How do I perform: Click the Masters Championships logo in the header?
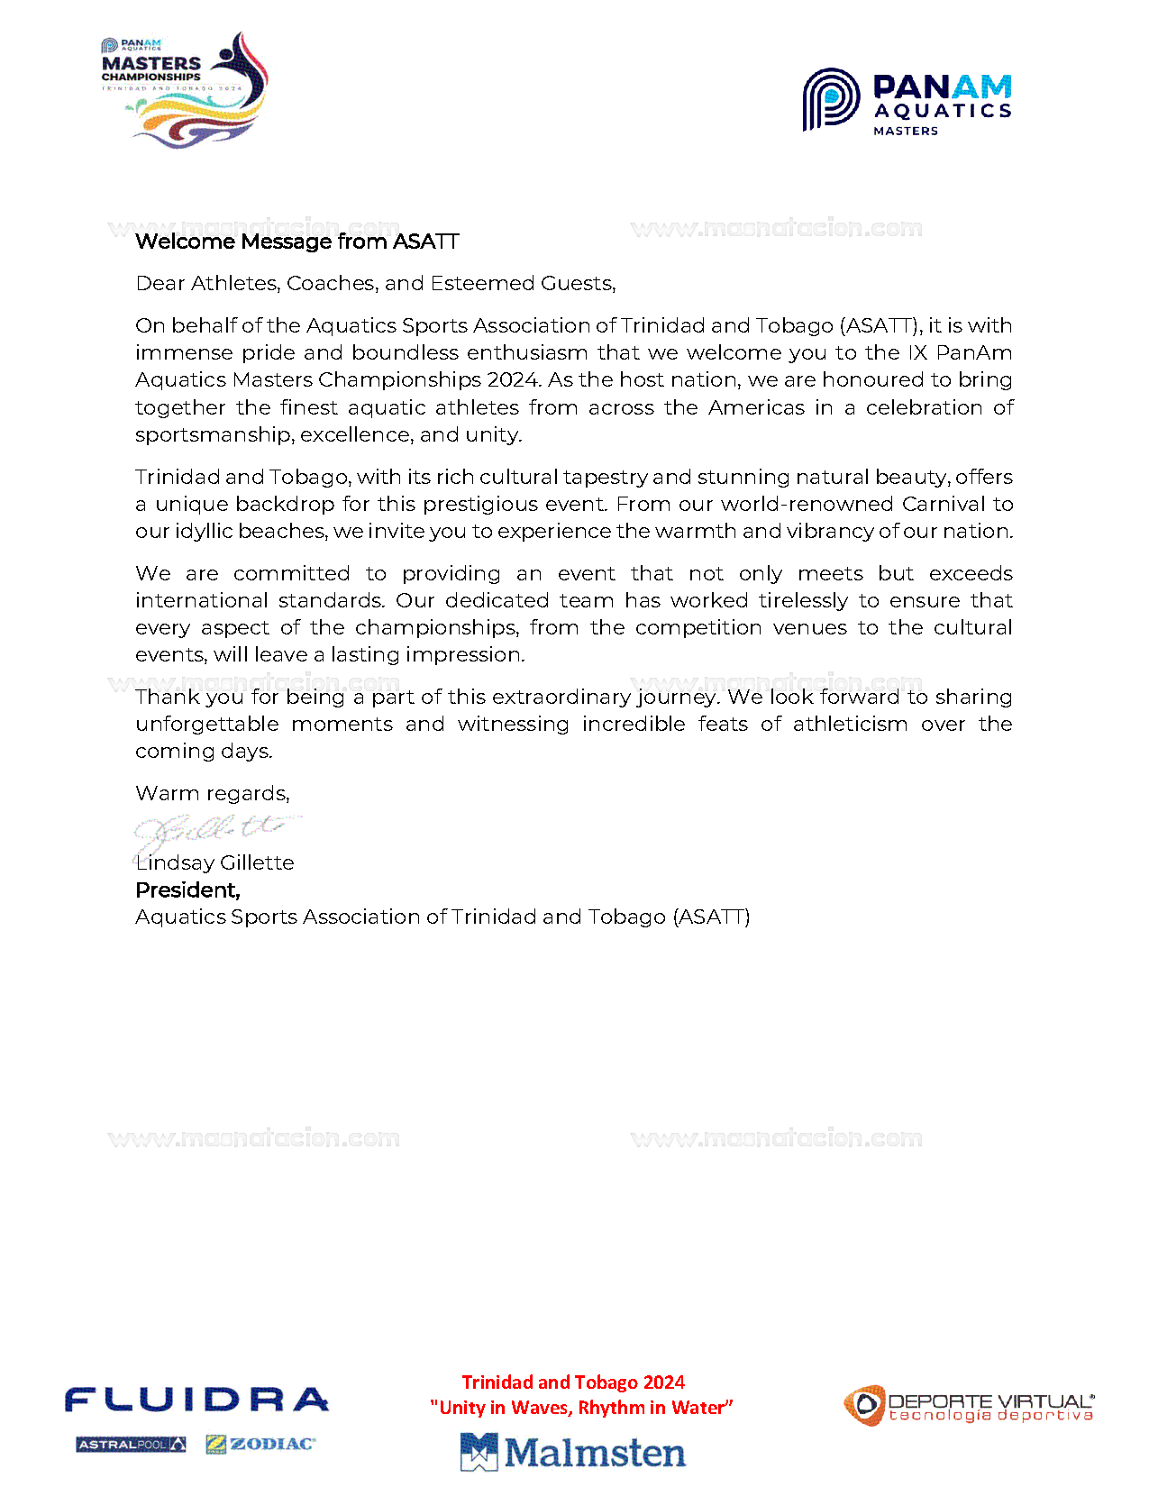click(x=185, y=89)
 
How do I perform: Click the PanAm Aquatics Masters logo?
click(x=907, y=102)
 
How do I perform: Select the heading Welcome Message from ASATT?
click(x=296, y=242)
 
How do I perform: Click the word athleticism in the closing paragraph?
click(x=850, y=725)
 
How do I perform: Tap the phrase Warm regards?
click(x=212, y=794)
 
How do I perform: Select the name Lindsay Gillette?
click(x=215, y=863)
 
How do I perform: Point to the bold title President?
click(x=187, y=890)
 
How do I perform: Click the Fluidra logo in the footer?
click(x=196, y=1400)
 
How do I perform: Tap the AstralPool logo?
click(x=131, y=1445)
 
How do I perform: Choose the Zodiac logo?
click(x=260, y=1444)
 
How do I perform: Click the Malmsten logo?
click(x=573, y=1452)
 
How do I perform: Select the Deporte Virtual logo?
click(x=969, y=1406)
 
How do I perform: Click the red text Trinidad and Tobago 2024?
click(x=573, y=1382)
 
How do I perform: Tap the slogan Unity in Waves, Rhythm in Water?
click(x=581, y=1408)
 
